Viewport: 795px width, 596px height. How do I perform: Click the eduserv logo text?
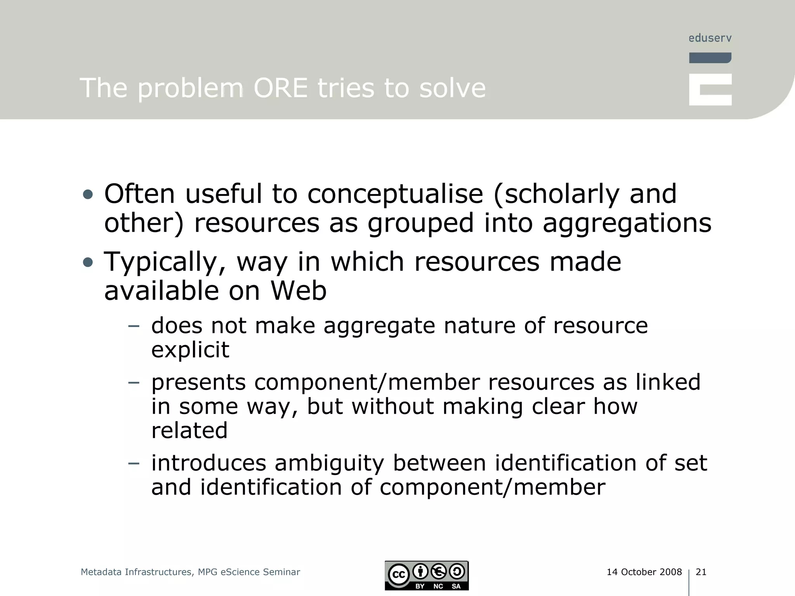pyautogui.click(x=710, y=38)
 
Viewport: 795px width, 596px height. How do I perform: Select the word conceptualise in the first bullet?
pyautogui.click(x=395, y=194)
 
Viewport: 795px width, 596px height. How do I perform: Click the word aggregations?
pyautogui.click(x=627, y=224)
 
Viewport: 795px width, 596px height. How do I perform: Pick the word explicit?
pyautogui.click(x=190, y=350)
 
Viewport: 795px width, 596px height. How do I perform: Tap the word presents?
pyautogui.click(x=198, y=383)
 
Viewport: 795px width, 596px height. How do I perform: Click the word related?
pyautogui.click(x=189, y=431)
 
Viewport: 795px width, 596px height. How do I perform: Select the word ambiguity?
pyautogui.click(x=329, y=463)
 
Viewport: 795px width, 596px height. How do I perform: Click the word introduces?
pyautogui.click(x=208, y=463)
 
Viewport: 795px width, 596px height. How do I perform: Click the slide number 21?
pyautogui.click(x=701, y=572)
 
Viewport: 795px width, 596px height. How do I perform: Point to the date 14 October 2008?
pyautogui.click(x=644, y=572)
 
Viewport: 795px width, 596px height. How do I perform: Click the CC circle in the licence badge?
pyautogui.click(x=399, y=575)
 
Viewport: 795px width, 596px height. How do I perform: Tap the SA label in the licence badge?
pyautogui.click(x=456, y=586)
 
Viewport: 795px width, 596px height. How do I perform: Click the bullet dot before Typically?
pyautogui.click(x=88, y=263)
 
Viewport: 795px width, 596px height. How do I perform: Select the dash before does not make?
pyautogui.click(x=134, y=326)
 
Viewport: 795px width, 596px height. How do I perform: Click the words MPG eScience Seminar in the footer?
pyautogui.click(x=249, y=572)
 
